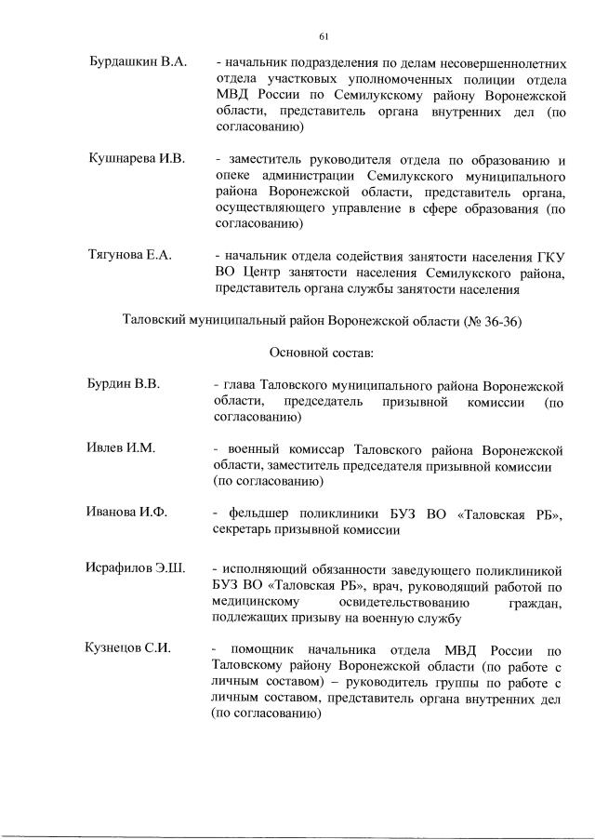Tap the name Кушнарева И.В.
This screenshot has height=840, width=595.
coord(138,159)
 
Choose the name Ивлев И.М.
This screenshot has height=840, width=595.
coord(121,448)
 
